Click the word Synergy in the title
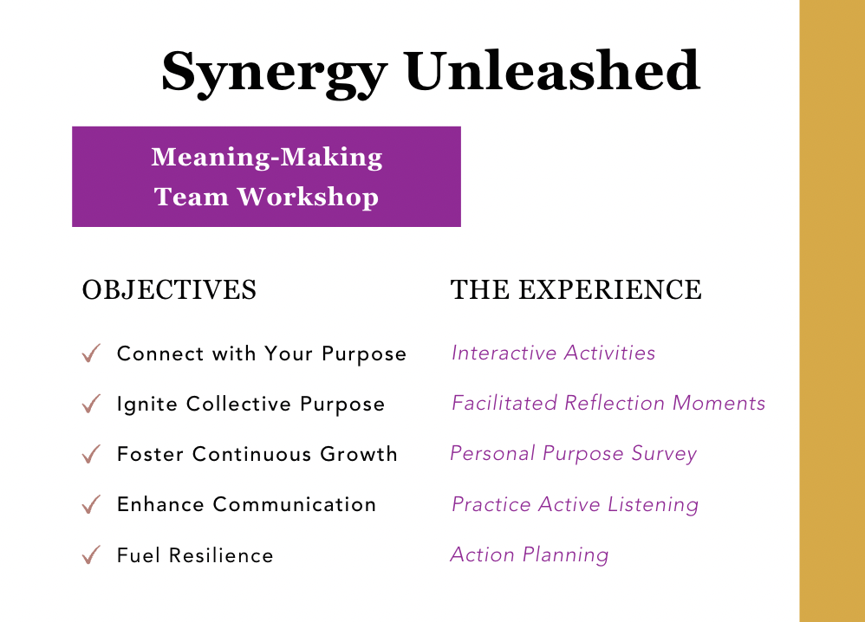[273, 72]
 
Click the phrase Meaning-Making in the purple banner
[266, 158]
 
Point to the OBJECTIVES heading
[169, 290]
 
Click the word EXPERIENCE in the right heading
[610, 290]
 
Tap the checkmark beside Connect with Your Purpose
[91, 353]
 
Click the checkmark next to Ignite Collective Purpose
[91, 404]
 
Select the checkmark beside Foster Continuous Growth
[91, 454]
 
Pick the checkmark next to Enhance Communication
[91, 504]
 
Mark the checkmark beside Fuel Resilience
[91, 554]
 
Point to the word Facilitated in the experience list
[504, 404]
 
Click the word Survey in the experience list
[663, 455]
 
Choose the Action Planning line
[529, 555]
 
